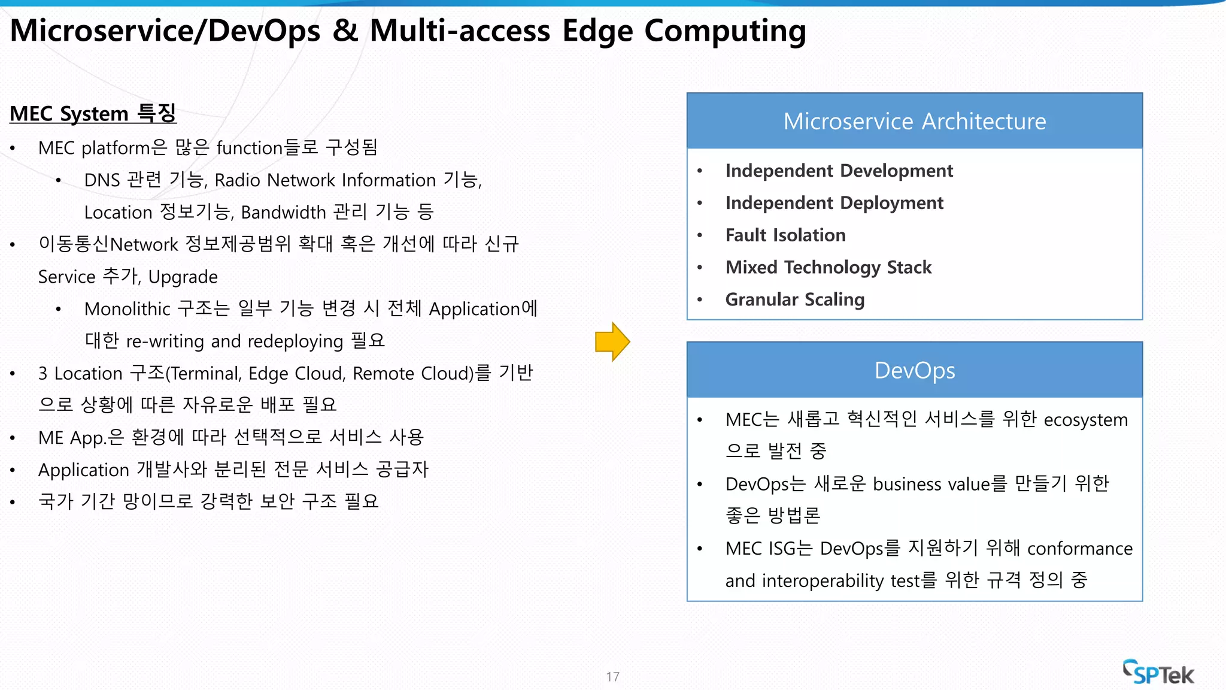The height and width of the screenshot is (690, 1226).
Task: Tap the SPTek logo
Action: (1158, 673)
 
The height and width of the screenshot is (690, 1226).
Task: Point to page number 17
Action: (612, 677)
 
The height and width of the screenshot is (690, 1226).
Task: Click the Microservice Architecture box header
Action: (914, 121)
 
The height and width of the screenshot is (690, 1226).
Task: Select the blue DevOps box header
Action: (914, 370)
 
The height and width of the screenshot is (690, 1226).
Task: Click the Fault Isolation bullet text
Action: (785, 235)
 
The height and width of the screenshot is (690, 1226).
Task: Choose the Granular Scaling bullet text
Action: (795, 299)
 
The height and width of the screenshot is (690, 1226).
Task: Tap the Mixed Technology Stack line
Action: (829, 268)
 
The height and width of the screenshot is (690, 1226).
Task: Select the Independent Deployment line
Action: (834, 203)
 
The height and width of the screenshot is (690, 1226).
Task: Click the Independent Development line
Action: (839, 171)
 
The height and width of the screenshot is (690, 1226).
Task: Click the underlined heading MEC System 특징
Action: (93, 113)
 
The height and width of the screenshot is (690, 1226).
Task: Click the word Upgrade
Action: (183, 277)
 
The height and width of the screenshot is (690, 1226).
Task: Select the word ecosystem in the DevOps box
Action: (1085, 420)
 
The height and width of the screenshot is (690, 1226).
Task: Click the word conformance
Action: (1080, 549)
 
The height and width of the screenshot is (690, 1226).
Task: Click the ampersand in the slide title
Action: (345, 31)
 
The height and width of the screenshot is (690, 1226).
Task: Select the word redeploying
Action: (296, 341)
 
